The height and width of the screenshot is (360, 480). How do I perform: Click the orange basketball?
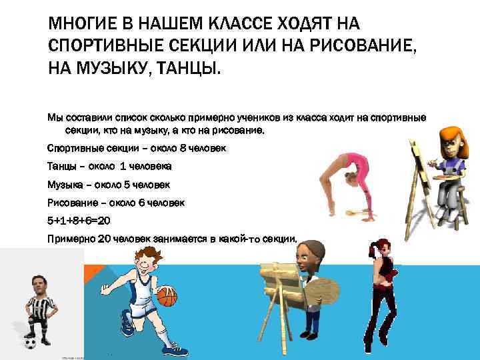click(167, 296)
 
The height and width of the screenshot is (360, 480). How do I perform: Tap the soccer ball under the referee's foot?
click(30, 343)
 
